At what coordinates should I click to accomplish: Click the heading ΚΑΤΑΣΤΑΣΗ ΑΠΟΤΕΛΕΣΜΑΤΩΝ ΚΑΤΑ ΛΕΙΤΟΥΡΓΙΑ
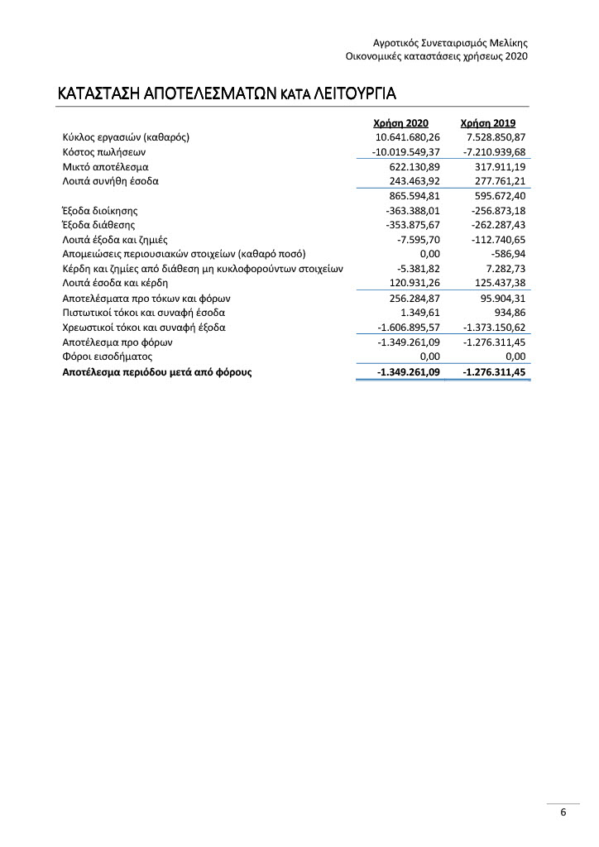pos(227,92)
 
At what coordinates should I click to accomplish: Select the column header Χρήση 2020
pos(401,123)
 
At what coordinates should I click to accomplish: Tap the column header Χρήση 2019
pos(488,123)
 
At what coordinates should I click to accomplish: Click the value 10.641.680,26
pos(407,137)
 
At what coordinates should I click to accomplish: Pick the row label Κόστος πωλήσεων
pos(104,152)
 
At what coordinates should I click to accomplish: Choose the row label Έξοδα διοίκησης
pos(100,211)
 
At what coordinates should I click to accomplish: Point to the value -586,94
pos(506,254)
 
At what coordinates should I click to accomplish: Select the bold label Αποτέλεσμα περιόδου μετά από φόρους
pos(157,372)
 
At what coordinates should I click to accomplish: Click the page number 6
pos(563,812)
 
